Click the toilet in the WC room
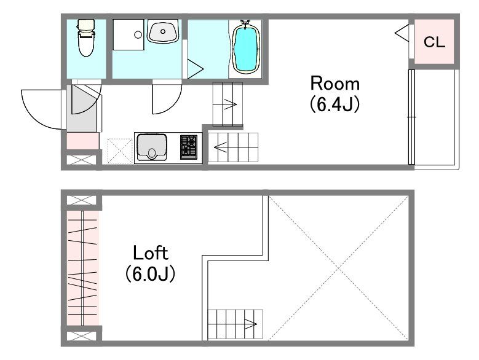pyautogui.click(x=86, y=38)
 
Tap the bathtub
pyautogui.click(x=246, y=49)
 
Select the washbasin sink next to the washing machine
pyautogui.click(x=163, y=31)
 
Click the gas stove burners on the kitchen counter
pyautogui.click(x=189, y=147)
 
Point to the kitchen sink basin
pyautogui.click(x=151, y=147)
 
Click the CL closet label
pyautogui.click(x=434, y=42)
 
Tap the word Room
pyautogui.click(x=335, y=84)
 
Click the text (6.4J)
pyautogui.click(x=335, y=104)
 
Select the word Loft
pyautogui.click(x=151, y=253)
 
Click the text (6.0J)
pyautogui.click(x=150, y=273)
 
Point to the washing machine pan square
pyautogui.click(x=129, y=35)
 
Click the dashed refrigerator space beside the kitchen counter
pyautogui.click(x=120, y=151)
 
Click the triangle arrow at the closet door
pyautogui.click(x=402, y=33)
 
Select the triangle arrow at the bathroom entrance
pyautogui.click(x=195, y=69)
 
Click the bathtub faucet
pyautogui.click(x=245, y=22)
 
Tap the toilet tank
pyautogui.click(x=86, y=25)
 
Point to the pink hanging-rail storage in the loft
pyautogui.click(x=83, y=268)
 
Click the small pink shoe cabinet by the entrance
pyautogui.click(x=83, y=141)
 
